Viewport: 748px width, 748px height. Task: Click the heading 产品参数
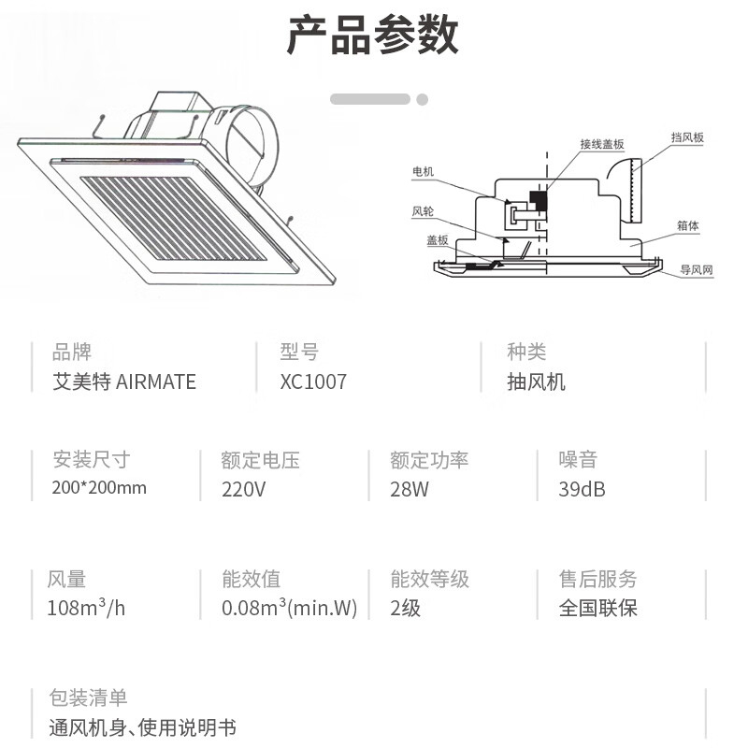(x=372, y=35)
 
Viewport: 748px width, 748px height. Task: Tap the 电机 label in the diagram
(x=424, y=171)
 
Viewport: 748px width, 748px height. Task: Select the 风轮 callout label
(x=423, y=211)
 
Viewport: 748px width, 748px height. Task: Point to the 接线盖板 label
(x=602, y=144)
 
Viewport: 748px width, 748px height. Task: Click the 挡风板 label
(x=687, y=137)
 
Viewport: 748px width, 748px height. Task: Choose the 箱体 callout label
(x=688, y=225)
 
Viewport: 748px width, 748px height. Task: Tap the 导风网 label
(x=697, y=269)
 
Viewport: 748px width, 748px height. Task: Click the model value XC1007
(x=313, y=381)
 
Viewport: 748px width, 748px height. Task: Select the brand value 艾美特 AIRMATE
(x=124, y=381)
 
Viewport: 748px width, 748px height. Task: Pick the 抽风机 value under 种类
(x=536, y=381)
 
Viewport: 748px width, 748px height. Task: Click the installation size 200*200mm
(x=99, y=487)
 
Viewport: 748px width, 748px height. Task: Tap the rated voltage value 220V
(x=243, y=489)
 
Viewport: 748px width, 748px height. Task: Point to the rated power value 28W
(x=410, y=489)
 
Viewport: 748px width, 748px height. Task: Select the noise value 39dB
(x=582, y=489)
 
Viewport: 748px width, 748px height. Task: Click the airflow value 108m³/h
(x=86, y=607)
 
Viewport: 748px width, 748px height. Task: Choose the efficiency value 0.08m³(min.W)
(x=290, y=607)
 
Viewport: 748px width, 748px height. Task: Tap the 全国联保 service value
(x=598, y=608)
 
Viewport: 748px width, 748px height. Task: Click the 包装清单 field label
(x=88, y=698)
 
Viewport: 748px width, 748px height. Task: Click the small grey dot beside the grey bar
(x=423, y=99)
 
